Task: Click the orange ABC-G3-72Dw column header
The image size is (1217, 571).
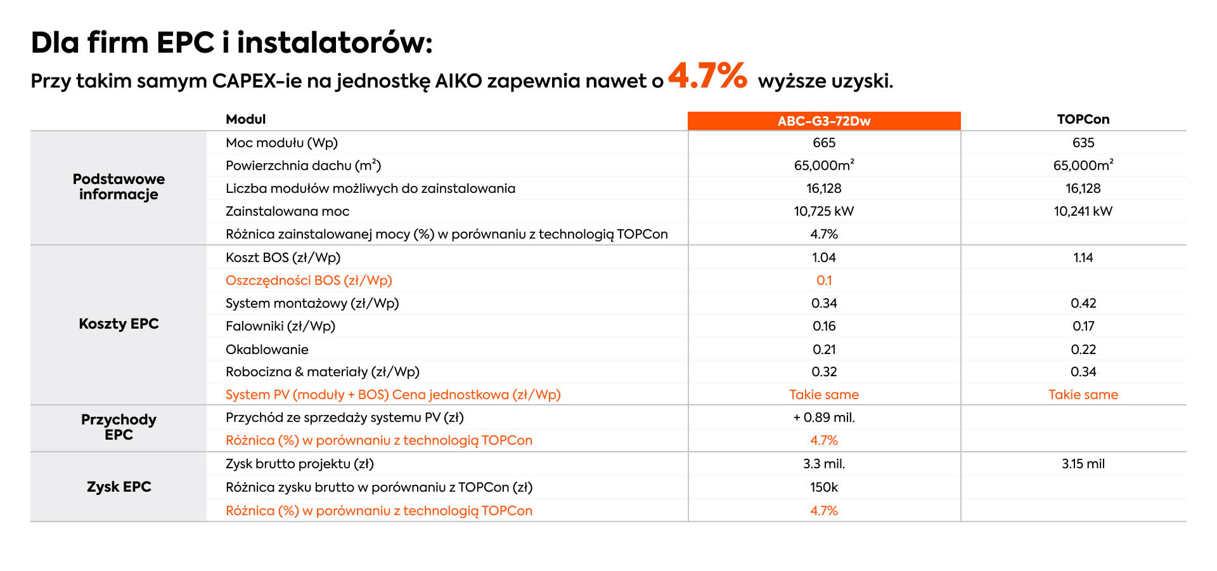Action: coord(824,121)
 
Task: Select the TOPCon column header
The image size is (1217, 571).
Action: coord(1083,119)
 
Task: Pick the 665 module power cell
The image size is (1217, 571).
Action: coord(824,143)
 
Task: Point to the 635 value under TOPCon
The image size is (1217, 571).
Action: coord(1083,143)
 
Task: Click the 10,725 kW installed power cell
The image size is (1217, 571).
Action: coord(824,211)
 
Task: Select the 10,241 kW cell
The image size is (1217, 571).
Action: coord(1083,211)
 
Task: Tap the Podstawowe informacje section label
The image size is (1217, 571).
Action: coord(119,187)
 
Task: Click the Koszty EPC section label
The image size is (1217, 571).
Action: coord(119,324)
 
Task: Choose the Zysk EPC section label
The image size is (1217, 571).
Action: coord(119,487)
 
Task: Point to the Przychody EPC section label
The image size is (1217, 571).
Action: coord(119,427)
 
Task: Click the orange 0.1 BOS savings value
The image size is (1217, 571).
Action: coord(824,280)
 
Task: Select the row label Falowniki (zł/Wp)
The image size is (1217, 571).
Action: coord(280,326)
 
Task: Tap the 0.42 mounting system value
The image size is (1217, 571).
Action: coord(1083,303)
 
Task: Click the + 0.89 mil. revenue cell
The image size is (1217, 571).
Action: coord(824,417)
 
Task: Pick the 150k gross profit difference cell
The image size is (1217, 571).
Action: coord(824,487)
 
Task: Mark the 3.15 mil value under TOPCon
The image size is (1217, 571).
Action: coord(1083,464)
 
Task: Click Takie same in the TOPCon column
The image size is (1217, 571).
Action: coord(1083,395)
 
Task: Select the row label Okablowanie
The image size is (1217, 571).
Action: coord(267,350)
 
